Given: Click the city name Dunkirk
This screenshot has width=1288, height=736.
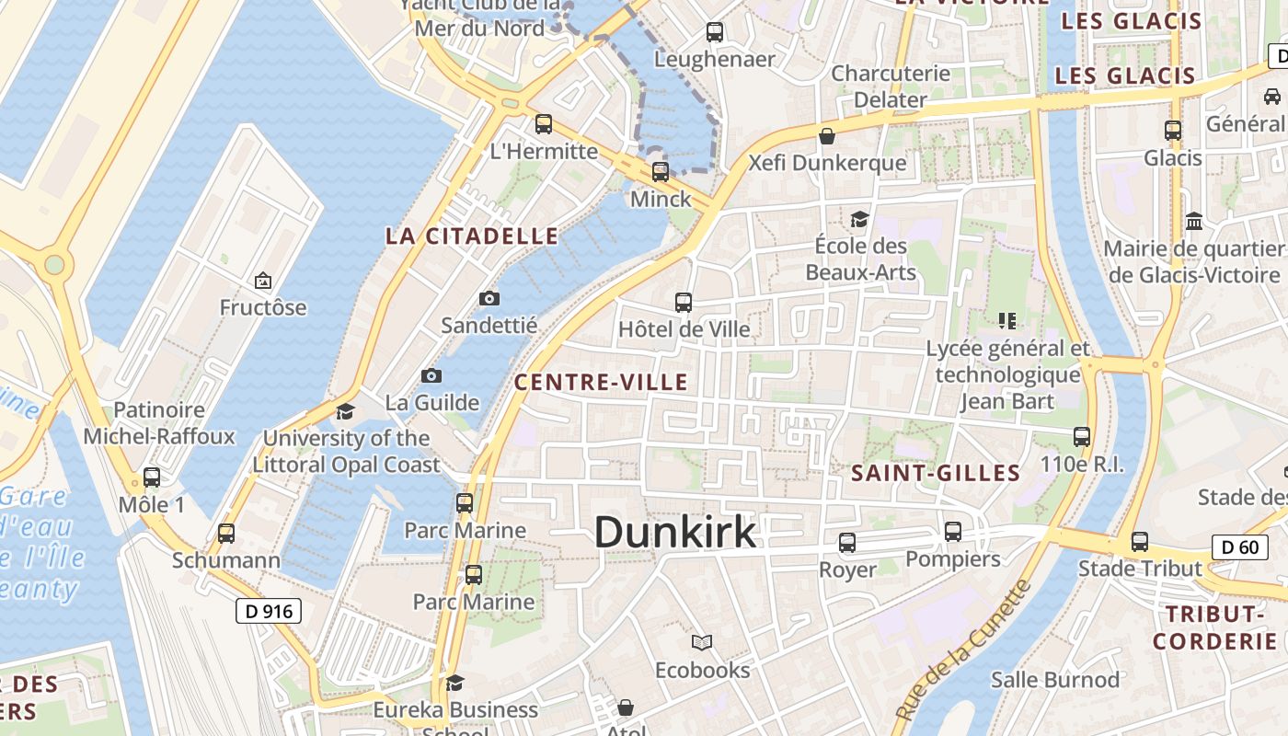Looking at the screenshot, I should point(675,533).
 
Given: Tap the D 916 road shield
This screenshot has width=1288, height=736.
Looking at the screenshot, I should point(269,610).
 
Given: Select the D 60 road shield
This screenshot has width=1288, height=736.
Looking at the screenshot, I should point(1236,547).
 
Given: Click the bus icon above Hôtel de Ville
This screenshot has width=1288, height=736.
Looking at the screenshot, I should point(684,302).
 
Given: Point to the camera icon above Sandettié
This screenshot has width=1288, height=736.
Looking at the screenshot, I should point(489,298).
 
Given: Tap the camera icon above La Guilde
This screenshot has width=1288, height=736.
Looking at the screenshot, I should point(431,375).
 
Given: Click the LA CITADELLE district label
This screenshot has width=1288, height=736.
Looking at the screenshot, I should point(472,236).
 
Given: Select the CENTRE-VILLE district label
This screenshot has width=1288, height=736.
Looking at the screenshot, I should point(601,383).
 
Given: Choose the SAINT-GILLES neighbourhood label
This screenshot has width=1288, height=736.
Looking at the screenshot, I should point(936,474).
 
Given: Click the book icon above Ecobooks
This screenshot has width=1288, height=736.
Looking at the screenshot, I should point(702,642).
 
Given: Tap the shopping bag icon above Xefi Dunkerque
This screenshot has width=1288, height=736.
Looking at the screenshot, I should point(827,136).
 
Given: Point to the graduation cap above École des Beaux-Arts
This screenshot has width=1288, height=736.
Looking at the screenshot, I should point(860,219).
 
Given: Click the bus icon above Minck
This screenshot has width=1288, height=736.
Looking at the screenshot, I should point(661,171).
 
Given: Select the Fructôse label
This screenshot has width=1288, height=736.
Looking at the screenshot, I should point(263,307).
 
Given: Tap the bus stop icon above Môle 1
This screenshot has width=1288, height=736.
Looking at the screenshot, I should point(152,477).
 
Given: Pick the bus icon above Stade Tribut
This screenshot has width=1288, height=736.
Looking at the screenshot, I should point(1140,542).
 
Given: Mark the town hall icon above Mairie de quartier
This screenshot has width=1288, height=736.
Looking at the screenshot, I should point(1195,222).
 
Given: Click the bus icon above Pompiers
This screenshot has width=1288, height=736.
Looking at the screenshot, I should point(953,532).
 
